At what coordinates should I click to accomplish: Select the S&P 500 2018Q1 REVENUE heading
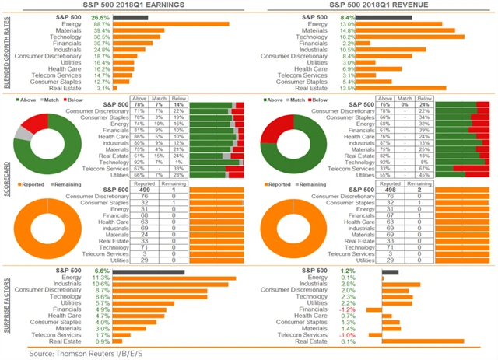coord(373,5)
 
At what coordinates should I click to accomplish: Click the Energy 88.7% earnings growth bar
coord(170,24)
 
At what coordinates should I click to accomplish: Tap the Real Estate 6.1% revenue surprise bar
coord(423,341)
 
